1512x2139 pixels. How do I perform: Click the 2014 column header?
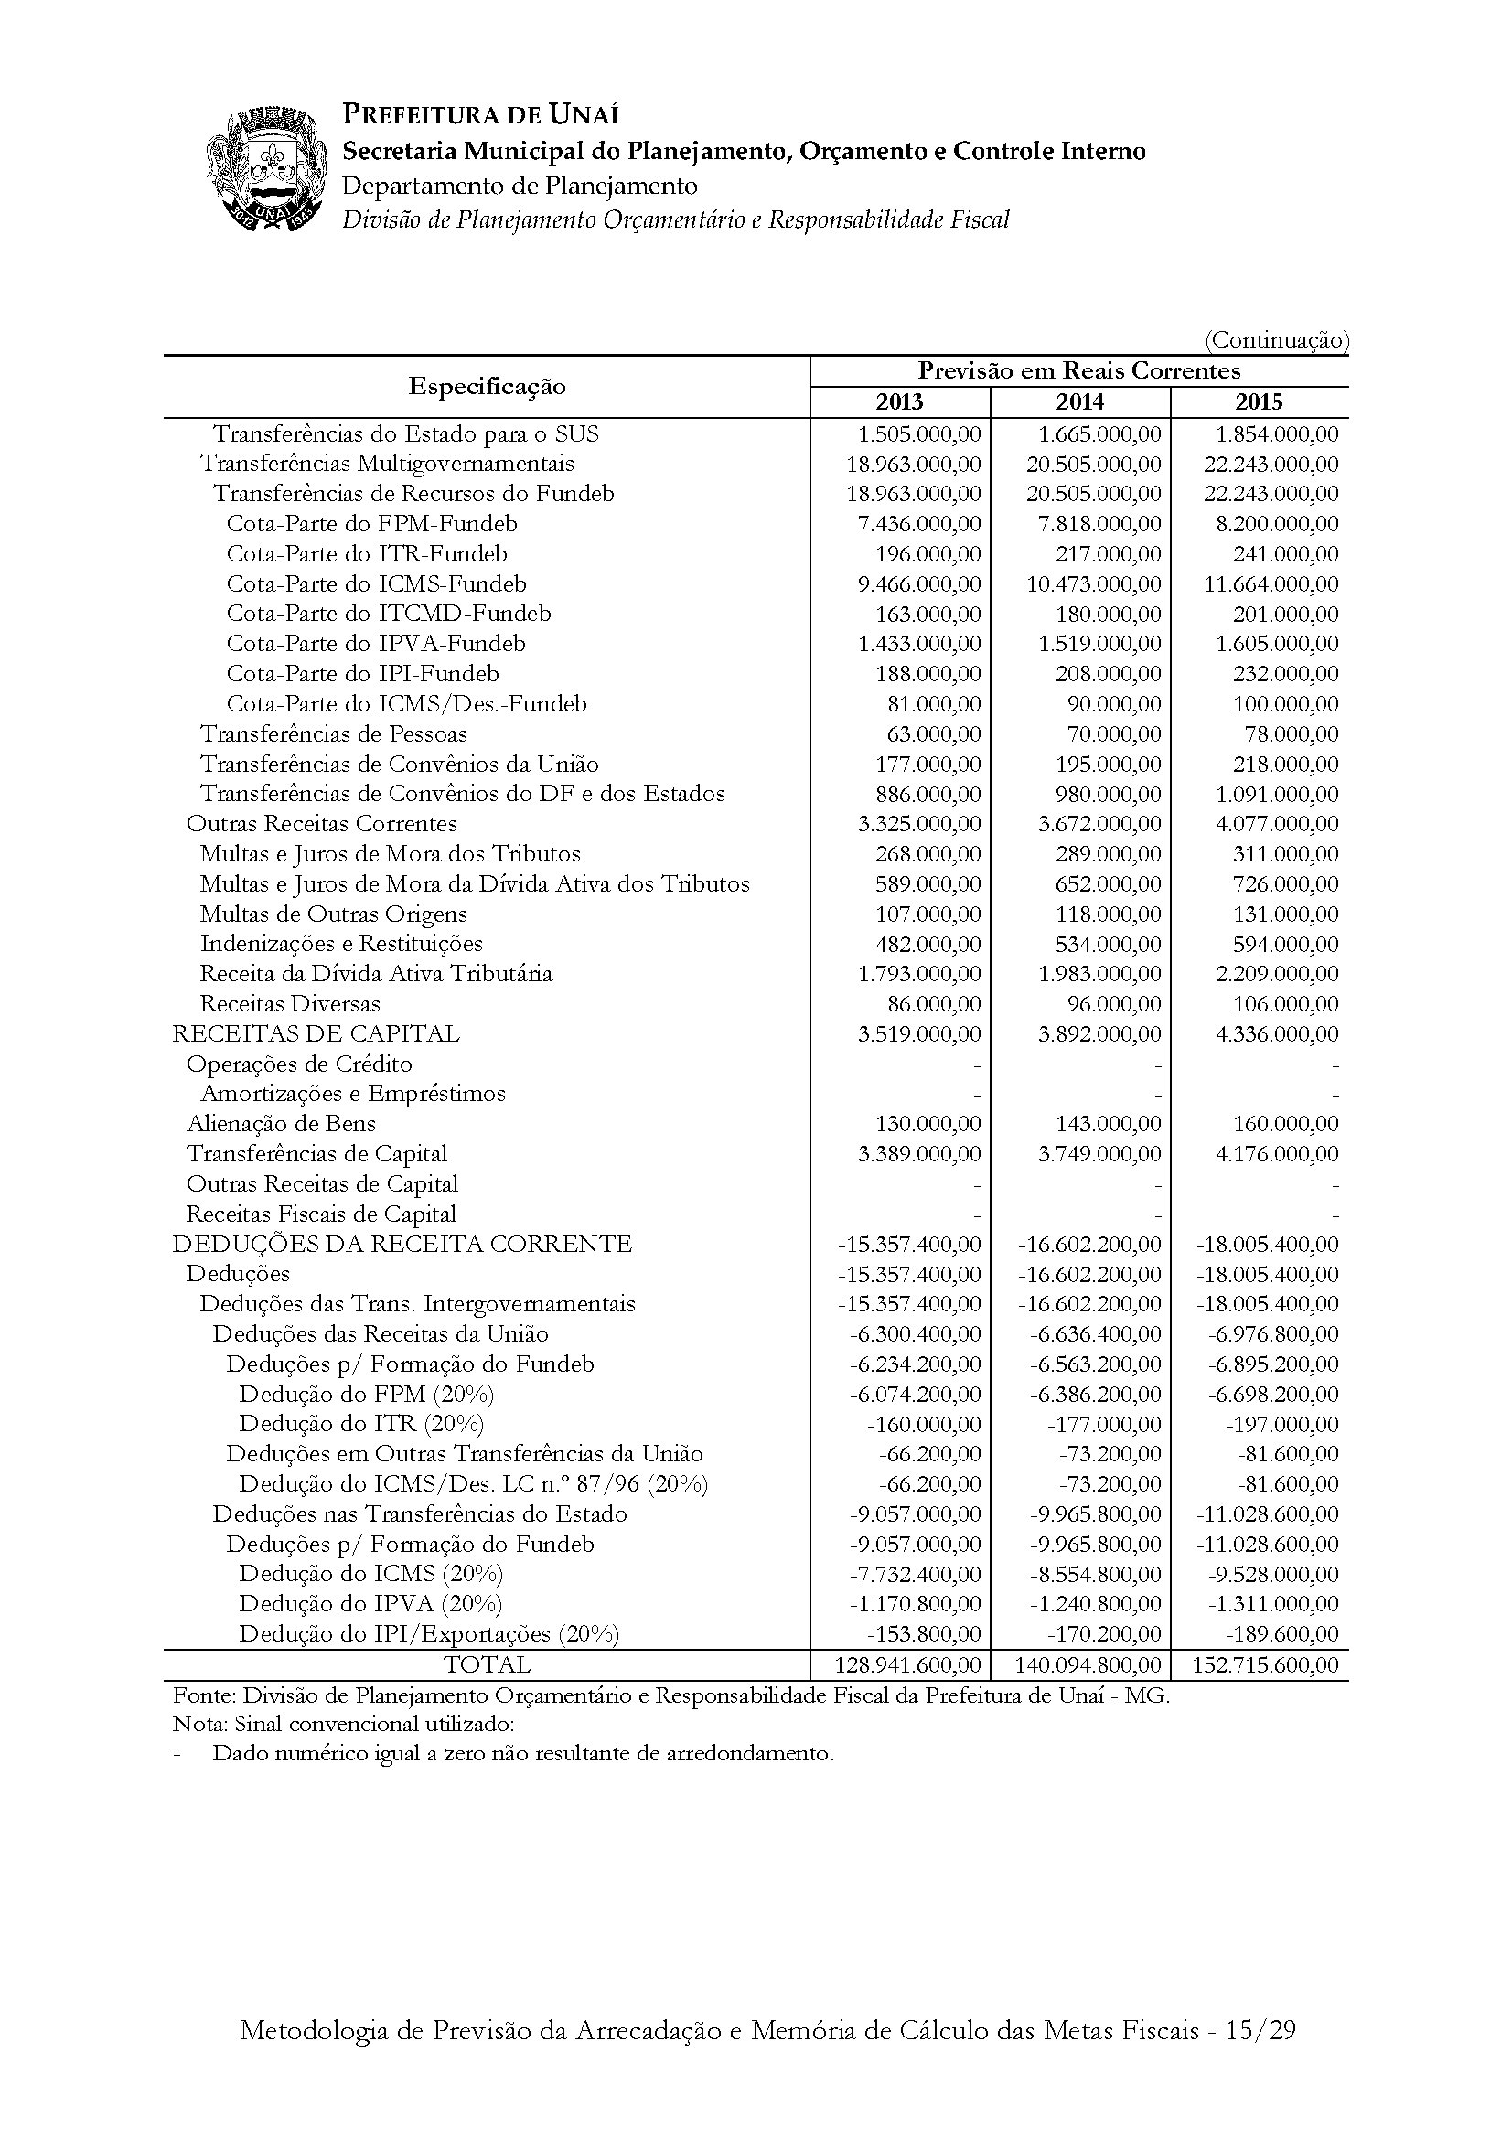tap(1079, 402)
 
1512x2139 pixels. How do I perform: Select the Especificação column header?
tap(487, 387)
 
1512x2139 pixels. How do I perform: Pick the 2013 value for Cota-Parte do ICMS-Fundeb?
tap(919, 584)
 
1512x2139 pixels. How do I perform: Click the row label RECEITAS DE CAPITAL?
tap(316, 1034)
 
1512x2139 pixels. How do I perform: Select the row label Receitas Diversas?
tap(290, 1004)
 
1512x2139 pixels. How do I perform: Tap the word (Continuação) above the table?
tap(1276, 341)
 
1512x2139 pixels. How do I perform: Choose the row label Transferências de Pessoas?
tap(334, 734)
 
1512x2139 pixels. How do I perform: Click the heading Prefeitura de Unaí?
tap(481, 114)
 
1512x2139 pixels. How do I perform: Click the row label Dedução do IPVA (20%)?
tap(370, 1604)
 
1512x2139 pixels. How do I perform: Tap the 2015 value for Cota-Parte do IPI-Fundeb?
tap(1286, 675)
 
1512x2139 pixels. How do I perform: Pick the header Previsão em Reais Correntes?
tap(1078, 371)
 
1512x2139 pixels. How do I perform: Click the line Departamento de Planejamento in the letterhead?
tap(520, 187)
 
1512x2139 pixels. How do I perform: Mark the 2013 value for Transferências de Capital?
tap(919, 1154)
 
